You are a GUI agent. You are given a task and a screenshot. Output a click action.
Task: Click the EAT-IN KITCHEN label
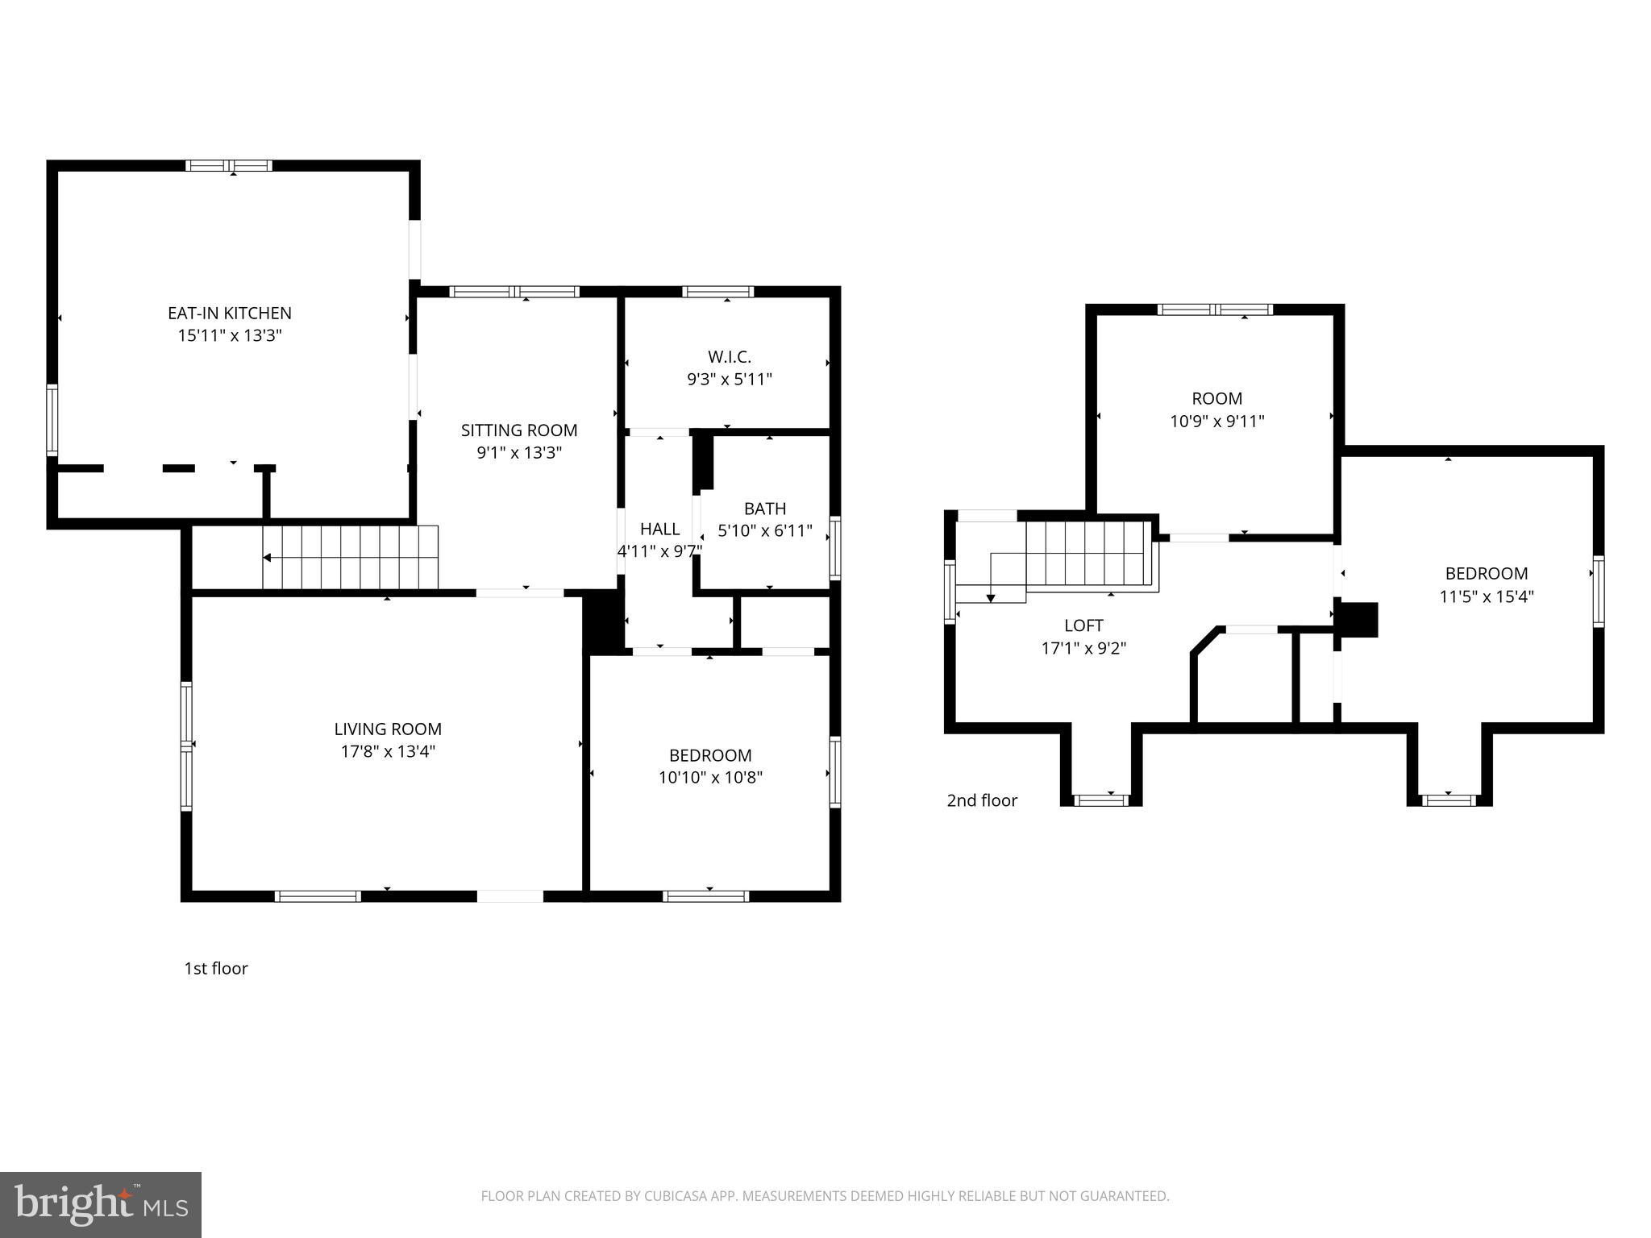click(x=229, y=313)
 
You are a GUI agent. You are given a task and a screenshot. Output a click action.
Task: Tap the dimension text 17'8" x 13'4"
click(x=388, y=752)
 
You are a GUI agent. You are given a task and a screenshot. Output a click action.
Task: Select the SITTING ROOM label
click(x=519, y=430)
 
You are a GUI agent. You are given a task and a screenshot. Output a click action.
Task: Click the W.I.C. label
click(x=729, y=356)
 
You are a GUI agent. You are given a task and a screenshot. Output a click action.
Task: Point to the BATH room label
click(x=765, y=509)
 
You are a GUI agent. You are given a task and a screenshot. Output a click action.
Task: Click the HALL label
click(x=659, y=529)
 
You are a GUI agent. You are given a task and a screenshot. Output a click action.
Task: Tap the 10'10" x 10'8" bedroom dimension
click(x=710, y=778)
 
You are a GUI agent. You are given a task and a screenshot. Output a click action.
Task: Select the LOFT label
click(x=1083, y=625)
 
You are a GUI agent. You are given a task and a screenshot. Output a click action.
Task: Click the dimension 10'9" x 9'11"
click(x=1216, y=421)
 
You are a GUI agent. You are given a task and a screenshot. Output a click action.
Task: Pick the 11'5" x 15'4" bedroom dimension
click(x=1486, y=596)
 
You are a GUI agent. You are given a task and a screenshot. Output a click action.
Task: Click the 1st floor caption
click(x=216, y=969)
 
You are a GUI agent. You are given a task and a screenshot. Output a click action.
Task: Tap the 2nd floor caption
click(x=982, y=800)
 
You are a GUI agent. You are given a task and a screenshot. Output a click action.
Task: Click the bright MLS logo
click(x=101, y=1205)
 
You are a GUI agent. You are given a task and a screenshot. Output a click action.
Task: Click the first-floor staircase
click(x=350, y=558)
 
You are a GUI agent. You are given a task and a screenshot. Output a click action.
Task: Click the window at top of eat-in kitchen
click(x=229, y=166)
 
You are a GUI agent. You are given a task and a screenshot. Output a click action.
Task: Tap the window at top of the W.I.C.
click(x=717, y=292)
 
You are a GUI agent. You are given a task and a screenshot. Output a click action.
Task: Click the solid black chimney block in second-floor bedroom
click(x=1360, y=620)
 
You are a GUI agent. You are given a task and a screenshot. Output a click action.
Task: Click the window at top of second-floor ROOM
click(x=1215, y=309)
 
